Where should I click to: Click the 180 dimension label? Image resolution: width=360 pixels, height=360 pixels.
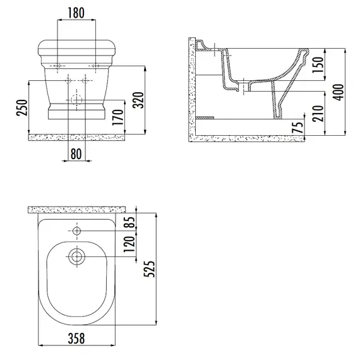click(x=76, y=13)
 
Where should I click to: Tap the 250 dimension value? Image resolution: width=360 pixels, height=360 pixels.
click(x=22, y=107)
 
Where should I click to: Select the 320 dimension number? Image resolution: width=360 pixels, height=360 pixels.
click(x=138, y=100)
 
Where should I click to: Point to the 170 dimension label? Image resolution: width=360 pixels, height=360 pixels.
click(x=117, y=117)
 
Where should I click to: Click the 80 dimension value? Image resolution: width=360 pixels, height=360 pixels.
click(x=76, y=154)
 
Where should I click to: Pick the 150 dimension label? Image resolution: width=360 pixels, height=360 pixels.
click(x=318, y=65)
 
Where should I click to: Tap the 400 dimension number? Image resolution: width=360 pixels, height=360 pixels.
click(x=339, y=92)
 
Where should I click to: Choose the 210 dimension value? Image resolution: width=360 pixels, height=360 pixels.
click(x=318, y=113)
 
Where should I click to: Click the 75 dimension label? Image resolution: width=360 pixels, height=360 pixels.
click(x=297, y=128)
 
